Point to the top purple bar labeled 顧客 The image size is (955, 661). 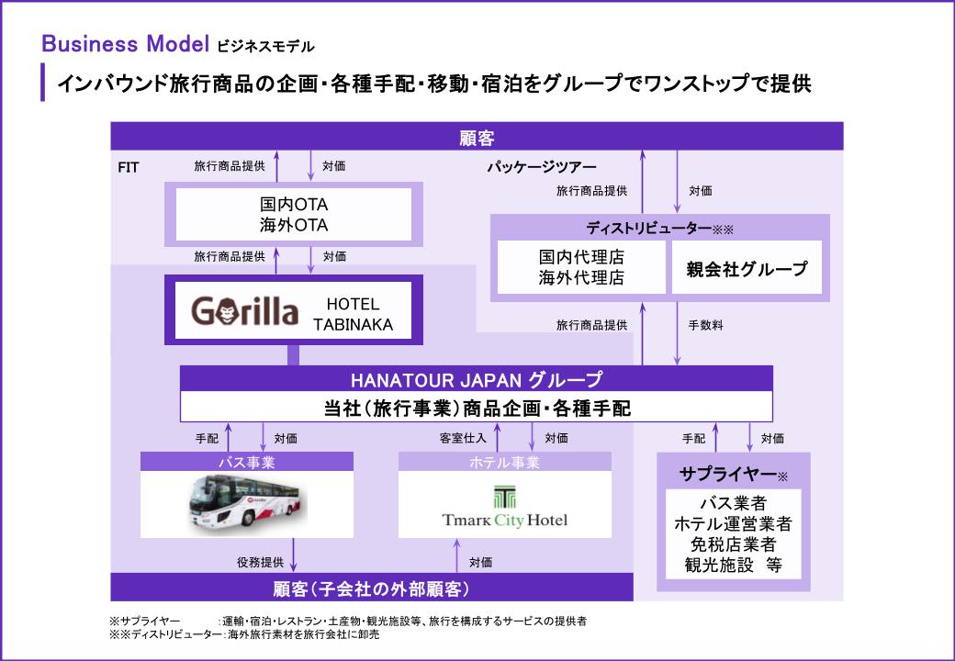(477, 138)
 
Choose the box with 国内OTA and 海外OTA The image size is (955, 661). (294, 214)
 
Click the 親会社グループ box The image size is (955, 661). (747, 268)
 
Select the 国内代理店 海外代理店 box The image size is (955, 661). (580, 267)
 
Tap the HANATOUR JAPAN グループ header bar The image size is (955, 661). (476, 378)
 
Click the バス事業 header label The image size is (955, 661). (246, 462)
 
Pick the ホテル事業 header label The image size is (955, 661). (504, 462)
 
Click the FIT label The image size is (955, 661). (129, 168)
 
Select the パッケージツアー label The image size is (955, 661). (541, 167)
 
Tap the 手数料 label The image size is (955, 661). (705, 324)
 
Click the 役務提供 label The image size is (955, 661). (259, 561)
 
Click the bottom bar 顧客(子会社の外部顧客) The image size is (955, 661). (372, 588)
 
